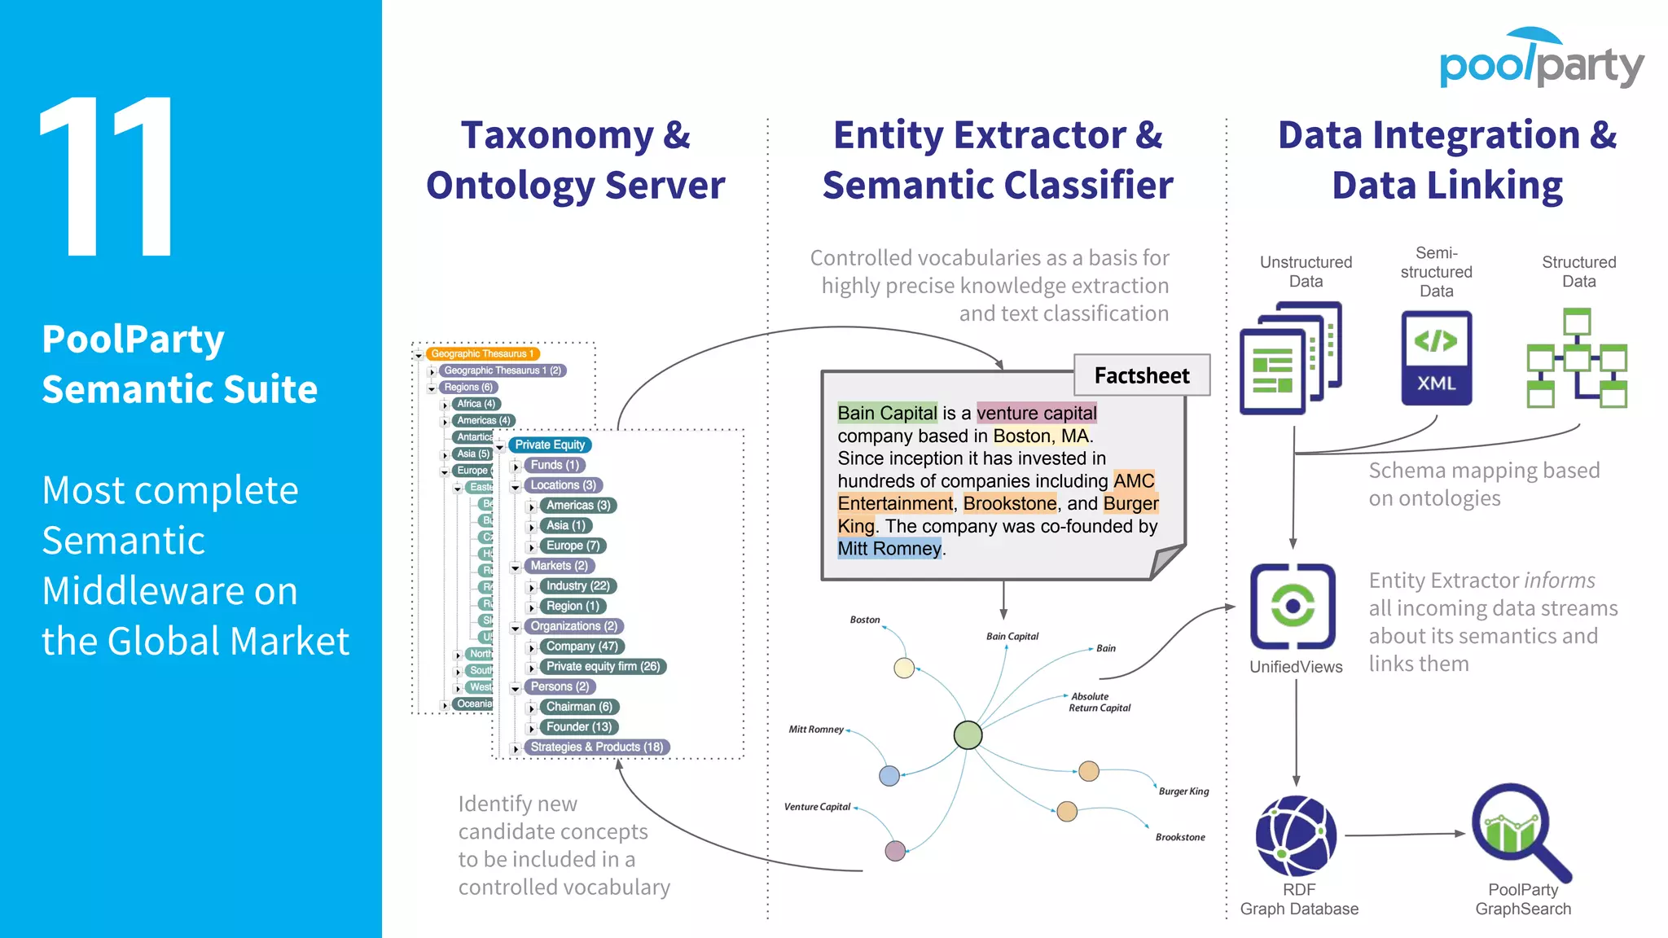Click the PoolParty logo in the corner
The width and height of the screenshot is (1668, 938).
(x=1541, y=61)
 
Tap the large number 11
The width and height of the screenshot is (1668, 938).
(x=108, y=176)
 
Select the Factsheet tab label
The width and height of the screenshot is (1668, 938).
(x=1141, y=375)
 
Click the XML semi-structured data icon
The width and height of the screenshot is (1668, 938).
(x=1436, y=358)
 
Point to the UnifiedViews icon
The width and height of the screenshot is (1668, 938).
(x=1293, y=606)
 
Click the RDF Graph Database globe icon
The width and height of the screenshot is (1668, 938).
(x=1296, y=835)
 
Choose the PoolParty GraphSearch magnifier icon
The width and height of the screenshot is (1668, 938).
(x=1517, y=831)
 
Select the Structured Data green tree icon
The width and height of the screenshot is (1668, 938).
(x=1576, y=358)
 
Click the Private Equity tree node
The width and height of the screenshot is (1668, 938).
(x=550, y=445)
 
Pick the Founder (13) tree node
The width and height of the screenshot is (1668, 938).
(x=578, y=727)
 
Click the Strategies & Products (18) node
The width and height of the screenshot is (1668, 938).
(x=596, y=747)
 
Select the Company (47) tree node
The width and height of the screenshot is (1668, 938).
(x=582, y=647)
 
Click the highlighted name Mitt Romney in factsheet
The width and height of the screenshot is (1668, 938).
(x=889, y=549)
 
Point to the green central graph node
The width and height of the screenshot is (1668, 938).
(x=968, y=735)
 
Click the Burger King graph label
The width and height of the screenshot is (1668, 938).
(x=1183, y=791)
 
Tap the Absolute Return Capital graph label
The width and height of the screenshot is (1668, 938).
(x=1099, y=702)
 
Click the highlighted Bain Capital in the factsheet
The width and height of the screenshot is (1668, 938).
(x=887, y=413)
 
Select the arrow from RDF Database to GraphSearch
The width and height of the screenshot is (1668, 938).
(x=1403, y=835)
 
